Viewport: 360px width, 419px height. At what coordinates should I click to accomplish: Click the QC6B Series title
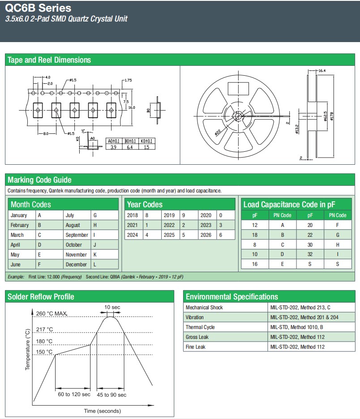click(x=38, y=8)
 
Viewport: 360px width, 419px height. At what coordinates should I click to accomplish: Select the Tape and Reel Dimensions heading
click(x=49, y=60)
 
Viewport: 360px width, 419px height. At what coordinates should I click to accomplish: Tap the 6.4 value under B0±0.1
click(x=129, y=147)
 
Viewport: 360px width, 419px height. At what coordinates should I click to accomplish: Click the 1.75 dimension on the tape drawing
click(x=129, y=80)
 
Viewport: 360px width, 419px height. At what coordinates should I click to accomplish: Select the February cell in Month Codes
click(x=20, y=225)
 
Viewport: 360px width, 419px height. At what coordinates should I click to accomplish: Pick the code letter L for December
click(x=94, y=265)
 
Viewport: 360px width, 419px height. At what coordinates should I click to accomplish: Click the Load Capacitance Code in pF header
click(x=289, y=205)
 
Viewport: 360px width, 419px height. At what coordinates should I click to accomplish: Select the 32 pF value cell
click(x=310, y=255)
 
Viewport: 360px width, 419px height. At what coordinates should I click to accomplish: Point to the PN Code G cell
click(x=338, y=235)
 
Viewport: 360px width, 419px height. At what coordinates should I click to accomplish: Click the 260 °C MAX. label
click(x=51, y=314)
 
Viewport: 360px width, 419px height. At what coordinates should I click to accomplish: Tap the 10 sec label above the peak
click(x=112, y=307)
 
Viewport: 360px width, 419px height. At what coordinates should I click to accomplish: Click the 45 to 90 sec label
click(x=112, y=395)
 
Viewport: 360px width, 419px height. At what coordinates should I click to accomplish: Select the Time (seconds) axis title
click(x=102, y=411)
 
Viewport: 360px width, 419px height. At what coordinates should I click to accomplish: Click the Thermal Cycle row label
click(x=200, y=327)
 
